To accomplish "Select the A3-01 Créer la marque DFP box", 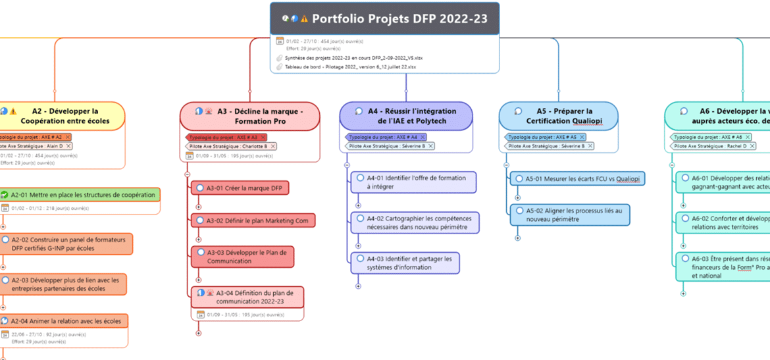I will tap(243, 188).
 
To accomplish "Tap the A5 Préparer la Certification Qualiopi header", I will tap(558, 116).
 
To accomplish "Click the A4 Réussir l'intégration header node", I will tap(407, 116).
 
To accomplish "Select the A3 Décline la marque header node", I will tap(250, 116).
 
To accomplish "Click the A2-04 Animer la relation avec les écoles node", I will tap(66, 321).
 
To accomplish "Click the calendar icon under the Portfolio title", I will tap(280, 41).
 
